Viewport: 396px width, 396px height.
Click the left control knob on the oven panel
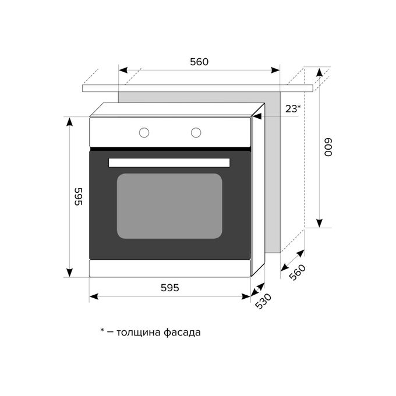coord(144,133)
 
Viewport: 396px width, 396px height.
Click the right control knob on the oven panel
coord(196,133)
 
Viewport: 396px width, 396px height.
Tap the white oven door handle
coord(169,162)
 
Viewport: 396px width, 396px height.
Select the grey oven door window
coord(169,206)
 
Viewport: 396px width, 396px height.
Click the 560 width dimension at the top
coord(199,62)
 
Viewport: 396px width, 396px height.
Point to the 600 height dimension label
coord(328,147)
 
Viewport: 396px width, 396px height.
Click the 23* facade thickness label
coord(293,109)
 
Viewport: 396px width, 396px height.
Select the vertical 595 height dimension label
coord(79,196)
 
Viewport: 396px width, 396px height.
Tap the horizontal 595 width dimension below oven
coord(170,288)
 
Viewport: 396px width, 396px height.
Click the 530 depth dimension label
coord(263,301)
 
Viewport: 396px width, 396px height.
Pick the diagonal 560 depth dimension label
coord(297,273)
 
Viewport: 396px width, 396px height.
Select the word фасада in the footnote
coord(182,333)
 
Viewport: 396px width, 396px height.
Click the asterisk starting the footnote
coord(102,330)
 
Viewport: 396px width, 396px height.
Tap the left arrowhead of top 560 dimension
coord(123,70)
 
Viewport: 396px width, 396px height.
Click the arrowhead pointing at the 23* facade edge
coord(257,116)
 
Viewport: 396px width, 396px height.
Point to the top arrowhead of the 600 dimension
coord(320,72)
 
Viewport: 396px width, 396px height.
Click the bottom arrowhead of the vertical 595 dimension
coord(69,273)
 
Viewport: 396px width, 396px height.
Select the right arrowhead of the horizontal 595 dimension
coord(246,296)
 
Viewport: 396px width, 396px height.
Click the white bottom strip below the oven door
coord(169,268)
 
